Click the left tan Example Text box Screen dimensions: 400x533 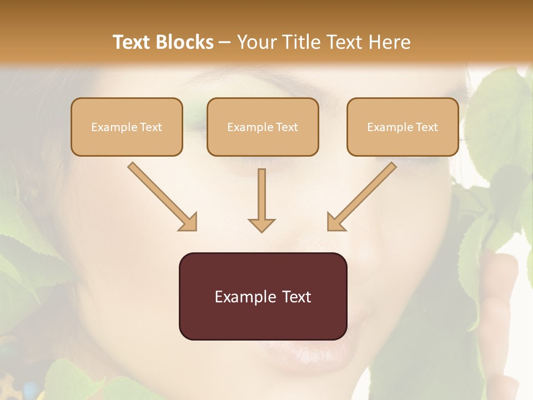pos(127,127)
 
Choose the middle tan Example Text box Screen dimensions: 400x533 pos(263,127)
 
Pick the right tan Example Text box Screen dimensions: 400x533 pos(403,127)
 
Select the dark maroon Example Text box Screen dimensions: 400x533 pos(263,296)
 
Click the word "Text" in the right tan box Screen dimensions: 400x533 pos(427,127)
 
